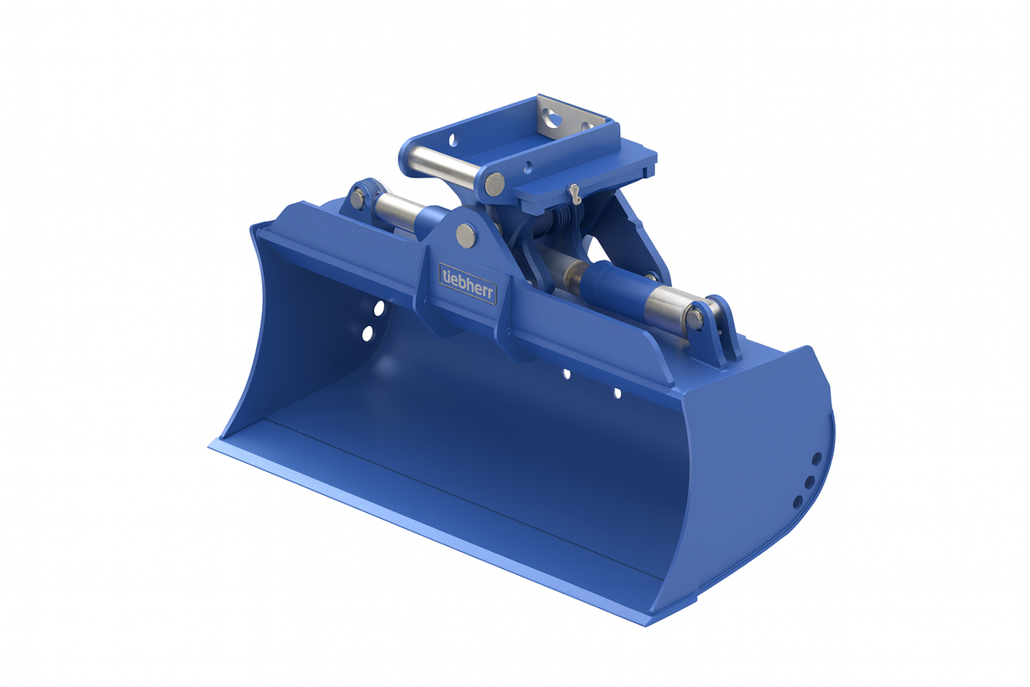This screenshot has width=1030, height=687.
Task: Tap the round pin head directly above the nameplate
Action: [466, 235]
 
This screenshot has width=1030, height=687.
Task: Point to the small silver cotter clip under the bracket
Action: [575, 194]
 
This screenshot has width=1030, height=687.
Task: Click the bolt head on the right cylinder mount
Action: [695, 318]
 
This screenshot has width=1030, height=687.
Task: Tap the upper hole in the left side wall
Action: [378, 307]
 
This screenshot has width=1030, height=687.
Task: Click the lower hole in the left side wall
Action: [368, 334]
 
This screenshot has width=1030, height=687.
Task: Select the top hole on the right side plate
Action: [816, 459]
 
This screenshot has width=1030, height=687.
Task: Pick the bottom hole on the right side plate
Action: [798, 502]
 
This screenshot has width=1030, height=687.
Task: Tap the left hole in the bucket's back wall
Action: [566, 374]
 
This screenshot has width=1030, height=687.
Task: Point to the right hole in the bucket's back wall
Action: [617, 393]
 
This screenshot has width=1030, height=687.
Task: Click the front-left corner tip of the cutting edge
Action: [212, 443]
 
